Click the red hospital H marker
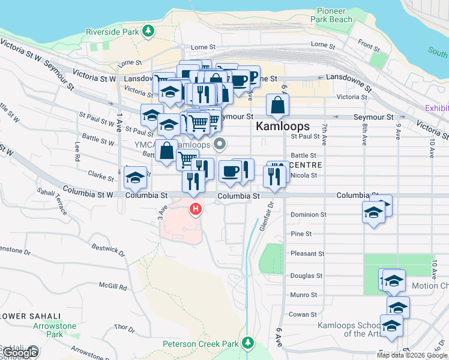(195, 209)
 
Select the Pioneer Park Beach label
(331, 15)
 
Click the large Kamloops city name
(283, 127)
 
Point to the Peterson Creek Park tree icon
(248, 343)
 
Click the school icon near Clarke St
(136, 178)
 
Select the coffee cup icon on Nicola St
(229, 172)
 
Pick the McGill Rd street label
(115, 287)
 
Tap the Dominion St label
(308, 214)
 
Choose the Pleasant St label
(307, 254)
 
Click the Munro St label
(304, 295)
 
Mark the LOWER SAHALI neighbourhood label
(31, 316)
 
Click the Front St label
(369, 45)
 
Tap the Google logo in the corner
(20, 353)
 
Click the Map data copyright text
(412, 355)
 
